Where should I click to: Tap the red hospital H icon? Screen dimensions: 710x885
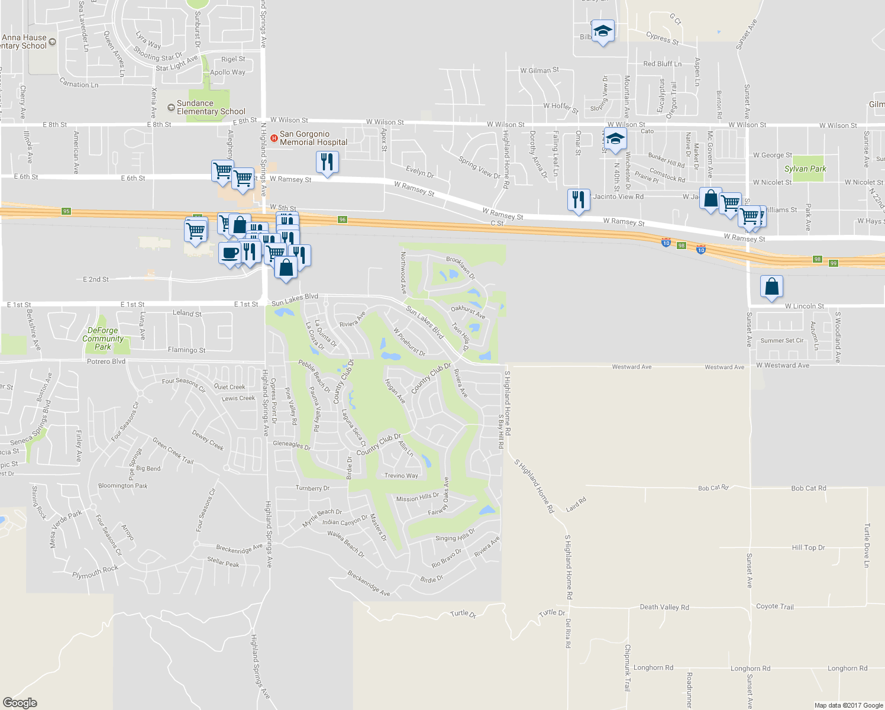[x=274, y=138]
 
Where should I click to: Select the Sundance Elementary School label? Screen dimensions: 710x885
[x=211, y=107]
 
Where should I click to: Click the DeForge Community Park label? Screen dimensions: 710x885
[x=103, y=339]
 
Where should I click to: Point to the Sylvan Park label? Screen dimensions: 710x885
[x=805, y=169]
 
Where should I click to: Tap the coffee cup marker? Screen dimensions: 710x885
[x=230, y=253]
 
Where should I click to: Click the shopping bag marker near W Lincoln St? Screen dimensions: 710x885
[x=772, y=286]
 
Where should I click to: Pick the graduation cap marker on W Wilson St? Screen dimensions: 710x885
[x=615, y=140]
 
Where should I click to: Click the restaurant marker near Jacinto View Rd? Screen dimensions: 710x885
[x=579, y=200]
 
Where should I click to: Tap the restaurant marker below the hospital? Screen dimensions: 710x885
[x=327, y=162]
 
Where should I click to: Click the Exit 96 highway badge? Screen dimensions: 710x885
[x=343, y=220]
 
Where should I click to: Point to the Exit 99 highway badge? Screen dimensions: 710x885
[x=834, y=263]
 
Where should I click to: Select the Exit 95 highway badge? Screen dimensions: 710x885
[x=66, y=211]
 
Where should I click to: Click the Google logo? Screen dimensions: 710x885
[x=20, y=702]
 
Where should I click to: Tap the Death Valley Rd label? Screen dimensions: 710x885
[x=664, y=607]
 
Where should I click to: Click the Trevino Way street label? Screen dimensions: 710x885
[x=401, y=476]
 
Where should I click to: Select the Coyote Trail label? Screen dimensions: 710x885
[x=774, y=606]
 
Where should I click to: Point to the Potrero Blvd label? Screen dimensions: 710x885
[x=106, y=362]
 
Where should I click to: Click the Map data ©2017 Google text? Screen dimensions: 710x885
[x=848, y=705]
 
